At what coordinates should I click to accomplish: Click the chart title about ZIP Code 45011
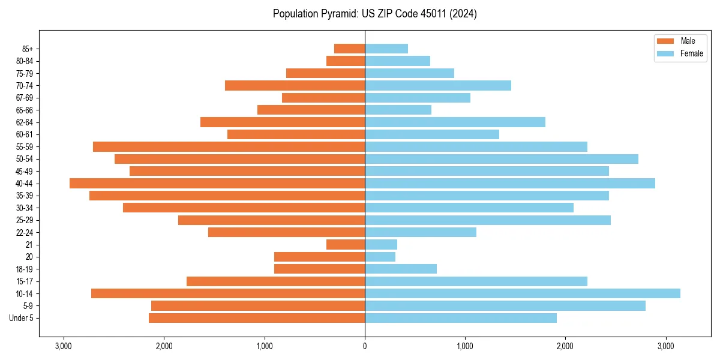click(x=374, y=14)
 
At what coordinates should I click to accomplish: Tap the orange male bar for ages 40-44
click(x=217, y=184)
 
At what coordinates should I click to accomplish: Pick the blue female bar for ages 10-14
click(x=523, y=293)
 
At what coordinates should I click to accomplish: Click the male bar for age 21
click(x=346, y=245)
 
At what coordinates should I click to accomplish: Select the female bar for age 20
click(x=380, y=257)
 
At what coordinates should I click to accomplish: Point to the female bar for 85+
click(x=386, y=49)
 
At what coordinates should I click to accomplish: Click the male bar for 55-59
click(x=229, y=147)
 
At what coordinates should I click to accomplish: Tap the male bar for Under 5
click(x=257, y=318)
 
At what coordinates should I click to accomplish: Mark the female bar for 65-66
click(x=398, y=110)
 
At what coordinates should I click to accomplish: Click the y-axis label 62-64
click(x=24, y=122)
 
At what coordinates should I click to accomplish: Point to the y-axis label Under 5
click(x=22, y=318)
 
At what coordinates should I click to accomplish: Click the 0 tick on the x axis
click(x=365, y=346)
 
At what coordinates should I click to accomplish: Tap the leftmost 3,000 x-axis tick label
click(x=64, y=346)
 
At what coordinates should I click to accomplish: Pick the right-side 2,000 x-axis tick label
click(x=565, y=346)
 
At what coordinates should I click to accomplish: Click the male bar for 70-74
click(x=295, y=86)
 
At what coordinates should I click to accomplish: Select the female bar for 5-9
click(x=505, y=306)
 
